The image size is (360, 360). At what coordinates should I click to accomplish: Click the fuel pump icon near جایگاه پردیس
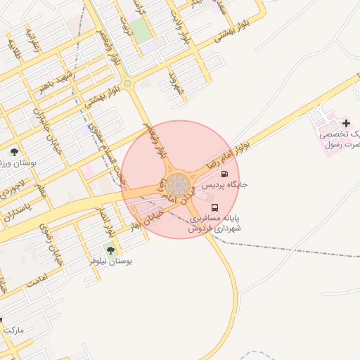(224, 174)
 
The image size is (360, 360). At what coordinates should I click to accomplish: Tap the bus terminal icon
(214, 207)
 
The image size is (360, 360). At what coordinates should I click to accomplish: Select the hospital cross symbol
(345, 123)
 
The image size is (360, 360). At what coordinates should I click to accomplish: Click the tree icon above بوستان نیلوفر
(109, 249)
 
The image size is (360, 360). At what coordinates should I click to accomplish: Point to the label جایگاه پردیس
(226, 186)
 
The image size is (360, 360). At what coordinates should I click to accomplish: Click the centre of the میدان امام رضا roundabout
(180, 185)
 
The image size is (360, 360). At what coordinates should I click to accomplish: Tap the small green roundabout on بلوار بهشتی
(127, 84)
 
